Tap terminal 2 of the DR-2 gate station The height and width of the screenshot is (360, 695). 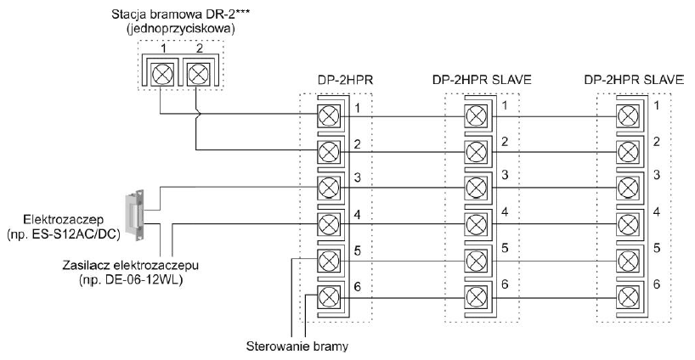pyautogui.click(x=196, y=74)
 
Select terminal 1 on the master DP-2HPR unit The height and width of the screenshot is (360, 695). pyautogui.click(x=329, y=116)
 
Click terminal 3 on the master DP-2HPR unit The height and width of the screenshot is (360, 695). pyautogui.click(x=329, y=188)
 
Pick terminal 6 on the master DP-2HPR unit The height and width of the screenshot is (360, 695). pyautogui.click(x=329, y=295)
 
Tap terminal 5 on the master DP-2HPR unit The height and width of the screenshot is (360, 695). pyautogui.click(x=329, y=260)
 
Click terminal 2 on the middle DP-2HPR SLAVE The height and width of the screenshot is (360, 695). pyautogui.click(x=477, y=152)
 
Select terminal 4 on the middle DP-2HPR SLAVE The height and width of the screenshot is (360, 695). pyautogui.click(x=477, y=223)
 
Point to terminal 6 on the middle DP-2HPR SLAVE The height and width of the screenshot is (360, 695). pyautogui.click(x=477, y=295)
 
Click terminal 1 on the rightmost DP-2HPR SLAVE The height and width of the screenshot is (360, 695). pyautogui.click(x=628, y=116)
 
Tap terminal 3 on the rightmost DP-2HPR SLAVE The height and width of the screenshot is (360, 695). pyautogui.click(x=628, y=188)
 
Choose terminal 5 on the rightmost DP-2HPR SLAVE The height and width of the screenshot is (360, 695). pyautogui.click(x=628, y=260)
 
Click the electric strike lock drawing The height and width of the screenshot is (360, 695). pyautogui.click(x=136, y=215)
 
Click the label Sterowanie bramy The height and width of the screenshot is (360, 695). pyautogui.click(x=297, y=346)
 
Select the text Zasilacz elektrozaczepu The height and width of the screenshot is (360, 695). pyautogui.click(x=130, y=266)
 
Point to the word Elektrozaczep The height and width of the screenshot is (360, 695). pyautogui.click(x=64, y=219)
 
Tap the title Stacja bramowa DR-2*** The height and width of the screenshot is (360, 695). pyautogui.click(x=180, y=14)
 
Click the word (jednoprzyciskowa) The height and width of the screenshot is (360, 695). pyautogui.click(x=180, y=29)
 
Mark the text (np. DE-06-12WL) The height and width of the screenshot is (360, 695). pyautogui.click(x=131, y=281)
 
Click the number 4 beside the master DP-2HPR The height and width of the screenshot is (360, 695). pyautogui.click(x=357, y=215)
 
